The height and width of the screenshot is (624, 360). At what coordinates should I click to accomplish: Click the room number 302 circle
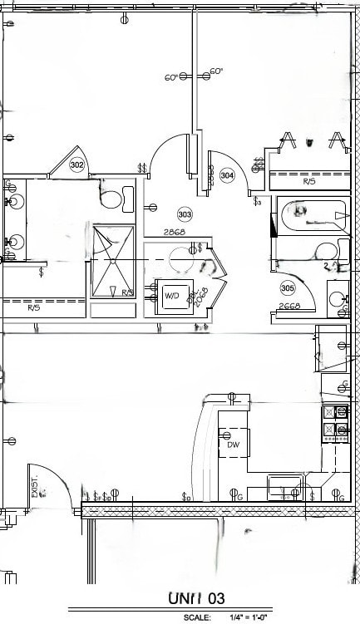(77, 165)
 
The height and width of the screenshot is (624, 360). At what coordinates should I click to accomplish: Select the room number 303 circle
(185, 214)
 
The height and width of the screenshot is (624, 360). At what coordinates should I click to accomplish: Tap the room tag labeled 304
(227, 175)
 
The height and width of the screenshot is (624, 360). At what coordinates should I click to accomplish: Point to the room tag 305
(288, 287)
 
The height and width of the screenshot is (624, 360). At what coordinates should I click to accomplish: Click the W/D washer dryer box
(173, 296)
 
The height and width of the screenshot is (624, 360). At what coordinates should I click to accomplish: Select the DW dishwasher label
(234, 445)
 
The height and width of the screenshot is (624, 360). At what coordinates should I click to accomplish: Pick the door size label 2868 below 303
(174, 232)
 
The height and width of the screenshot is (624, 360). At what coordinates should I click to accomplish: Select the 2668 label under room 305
(289, 306)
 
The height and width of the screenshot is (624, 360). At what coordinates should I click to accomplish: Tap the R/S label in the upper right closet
(309, 180)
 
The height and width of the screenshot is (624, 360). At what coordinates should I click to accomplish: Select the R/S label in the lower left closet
(34, 307)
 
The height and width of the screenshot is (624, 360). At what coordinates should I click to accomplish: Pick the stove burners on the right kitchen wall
(335, 420)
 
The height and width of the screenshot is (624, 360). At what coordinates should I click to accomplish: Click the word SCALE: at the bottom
(198, 617)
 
